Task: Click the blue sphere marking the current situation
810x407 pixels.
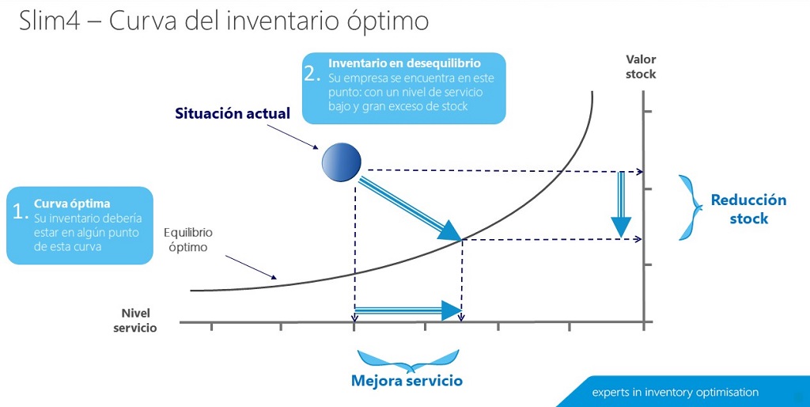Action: click(x=341, y=162)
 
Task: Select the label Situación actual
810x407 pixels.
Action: click(x=233, y=113)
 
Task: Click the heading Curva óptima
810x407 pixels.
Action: click(x=72, y=203)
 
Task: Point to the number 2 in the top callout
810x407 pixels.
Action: click(x=312, y=74)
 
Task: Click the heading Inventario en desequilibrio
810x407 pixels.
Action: click(x=404, y=63)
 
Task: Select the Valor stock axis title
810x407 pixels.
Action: click(x=641, y=67)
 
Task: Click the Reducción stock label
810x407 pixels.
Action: click(x=748, y=209)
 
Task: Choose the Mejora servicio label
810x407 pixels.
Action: click(x=407, y=381)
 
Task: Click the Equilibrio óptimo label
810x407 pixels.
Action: click(x=187, y=240)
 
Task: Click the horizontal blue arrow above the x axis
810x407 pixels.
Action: click(x=408, y=310)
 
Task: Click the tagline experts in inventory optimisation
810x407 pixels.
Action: click(x=676, y=392)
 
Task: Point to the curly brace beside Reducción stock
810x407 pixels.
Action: click(x=690, y=207)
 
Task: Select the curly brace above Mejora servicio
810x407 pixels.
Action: click(x=407, y=359)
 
